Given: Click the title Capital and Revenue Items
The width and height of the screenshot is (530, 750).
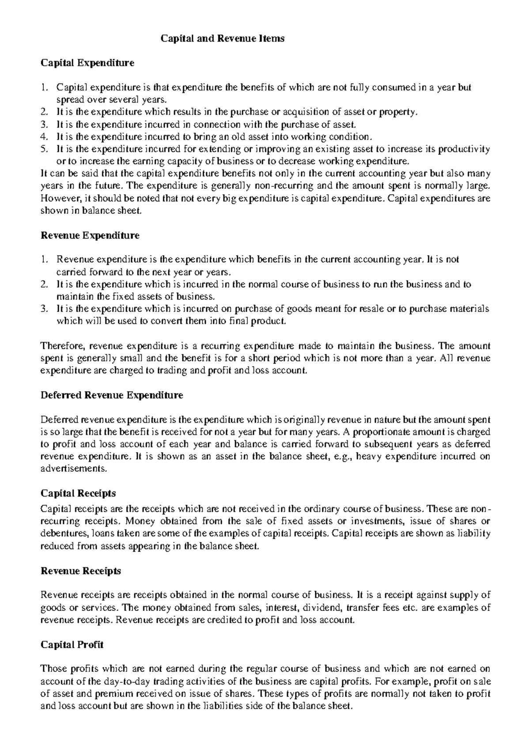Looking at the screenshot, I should pos(222,38).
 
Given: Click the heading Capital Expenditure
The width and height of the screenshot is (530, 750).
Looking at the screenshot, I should pos(87,63).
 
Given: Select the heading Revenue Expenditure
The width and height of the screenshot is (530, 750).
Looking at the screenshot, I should pos(90,235).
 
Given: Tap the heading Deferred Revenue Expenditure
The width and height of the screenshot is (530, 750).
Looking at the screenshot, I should pos(111,395).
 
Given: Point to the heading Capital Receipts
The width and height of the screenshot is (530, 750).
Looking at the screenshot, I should pos(78,492).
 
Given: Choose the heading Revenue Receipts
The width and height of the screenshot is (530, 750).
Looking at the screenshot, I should pos(80,571).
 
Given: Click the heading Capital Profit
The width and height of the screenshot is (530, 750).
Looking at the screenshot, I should pos(72,644).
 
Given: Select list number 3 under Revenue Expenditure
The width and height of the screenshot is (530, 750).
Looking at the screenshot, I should pos(43,309).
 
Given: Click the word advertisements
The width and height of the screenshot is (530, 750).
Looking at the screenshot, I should pos(73,469).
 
